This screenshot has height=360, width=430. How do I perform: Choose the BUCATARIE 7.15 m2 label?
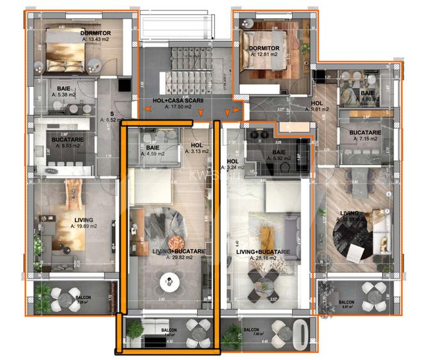click(365, 136)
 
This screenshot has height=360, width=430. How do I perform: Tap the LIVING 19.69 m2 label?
click(84, 222)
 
